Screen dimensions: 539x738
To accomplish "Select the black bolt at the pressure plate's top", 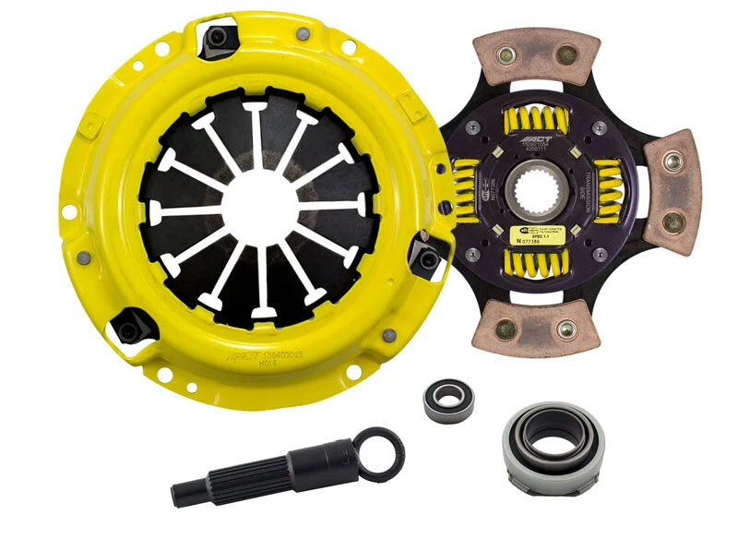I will (220, 38).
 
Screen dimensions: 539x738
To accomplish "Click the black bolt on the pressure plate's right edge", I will (426, 260).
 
